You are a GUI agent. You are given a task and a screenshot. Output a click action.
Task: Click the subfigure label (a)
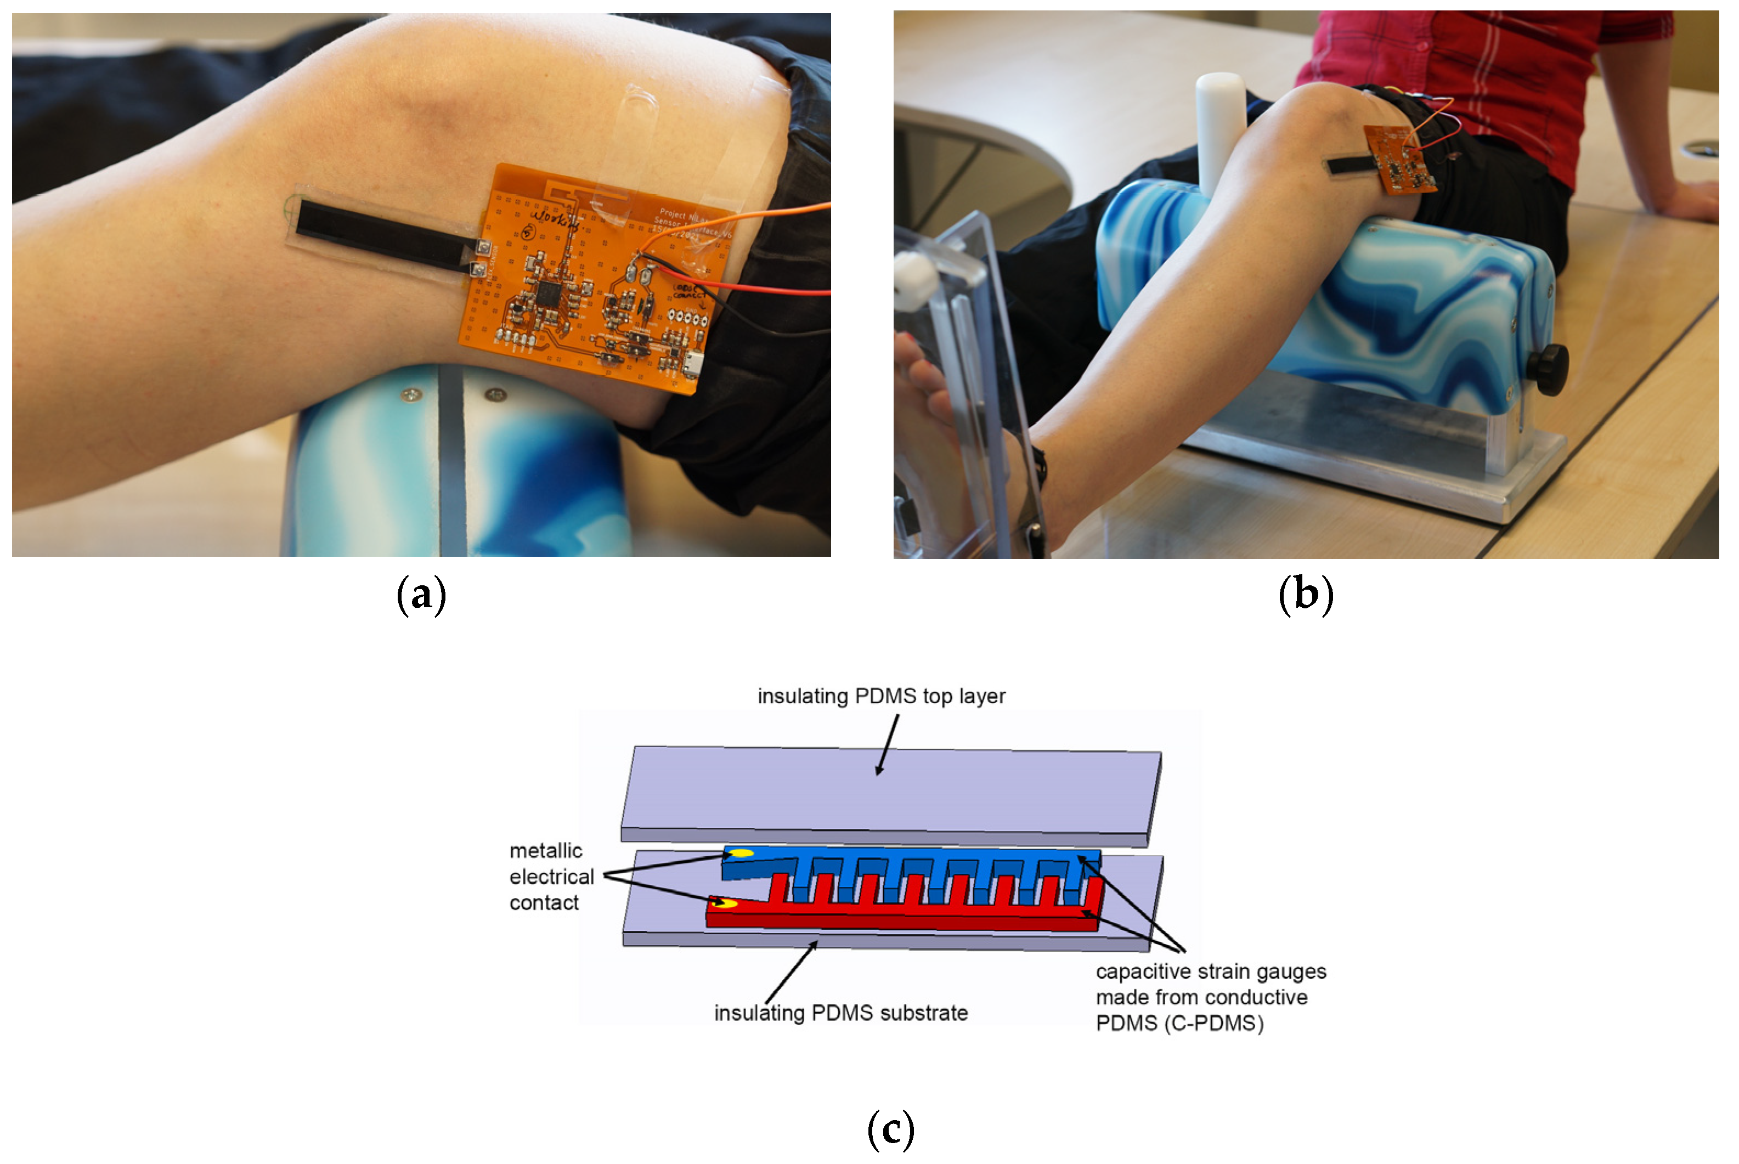click(x=421, y=595)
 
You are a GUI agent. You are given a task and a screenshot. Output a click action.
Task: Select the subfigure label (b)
click(x=1306, y=595)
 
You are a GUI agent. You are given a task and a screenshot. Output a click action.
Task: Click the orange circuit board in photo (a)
click(x=586, y=312)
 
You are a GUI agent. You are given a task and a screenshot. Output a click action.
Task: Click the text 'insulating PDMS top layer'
click(x=881, y=696)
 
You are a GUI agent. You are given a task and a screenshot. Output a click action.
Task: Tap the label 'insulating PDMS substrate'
click(x=840, y=1013)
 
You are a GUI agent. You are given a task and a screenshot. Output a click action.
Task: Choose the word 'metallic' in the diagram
click(x=545, y=851)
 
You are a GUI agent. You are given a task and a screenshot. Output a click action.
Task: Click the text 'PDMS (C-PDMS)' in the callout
click(x=1179, y=1023)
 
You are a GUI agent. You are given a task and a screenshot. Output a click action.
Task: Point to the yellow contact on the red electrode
click(x=724, y=903)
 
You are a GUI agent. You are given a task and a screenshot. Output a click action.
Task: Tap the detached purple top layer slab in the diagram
click(x=891, y=794)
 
